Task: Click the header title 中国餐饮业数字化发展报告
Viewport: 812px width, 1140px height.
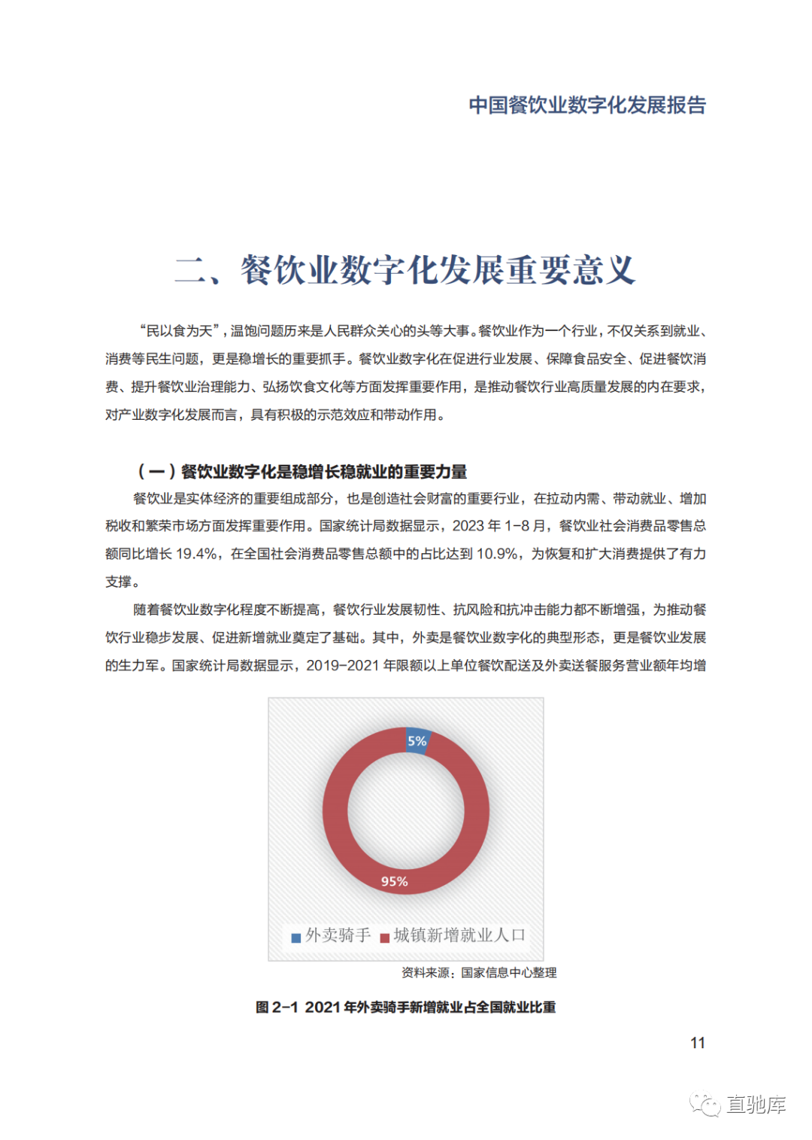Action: click(587, 105)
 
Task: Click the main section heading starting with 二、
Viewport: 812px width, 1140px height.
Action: click(405, 270)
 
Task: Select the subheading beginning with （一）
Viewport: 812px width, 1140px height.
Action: click(302, 472)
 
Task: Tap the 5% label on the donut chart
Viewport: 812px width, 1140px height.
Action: click(417, 741)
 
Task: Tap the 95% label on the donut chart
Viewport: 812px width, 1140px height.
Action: click(394, 881)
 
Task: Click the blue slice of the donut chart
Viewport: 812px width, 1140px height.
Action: click(417, 740)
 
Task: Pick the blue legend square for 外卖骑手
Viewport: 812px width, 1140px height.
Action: click(296, 938)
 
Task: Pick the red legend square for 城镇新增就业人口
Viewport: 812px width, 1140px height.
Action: click(384, 938)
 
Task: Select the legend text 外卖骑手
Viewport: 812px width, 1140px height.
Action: click(338, 935)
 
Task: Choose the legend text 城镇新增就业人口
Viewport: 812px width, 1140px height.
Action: click(459, 935)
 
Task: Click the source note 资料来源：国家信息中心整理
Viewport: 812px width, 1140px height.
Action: click(479, 973)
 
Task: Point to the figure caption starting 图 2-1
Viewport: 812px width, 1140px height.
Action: click(405, 1007)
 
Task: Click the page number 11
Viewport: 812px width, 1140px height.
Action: click(698, 1043)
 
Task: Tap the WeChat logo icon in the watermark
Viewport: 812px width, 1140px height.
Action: click(705, 1105)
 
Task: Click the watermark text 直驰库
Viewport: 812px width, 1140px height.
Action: click(756, 1105)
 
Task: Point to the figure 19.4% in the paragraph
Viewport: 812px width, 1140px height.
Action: click(197, 554)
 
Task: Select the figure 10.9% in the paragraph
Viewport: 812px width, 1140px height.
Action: click(497, 554)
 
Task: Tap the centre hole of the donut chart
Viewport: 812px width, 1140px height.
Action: click(406, 811)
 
